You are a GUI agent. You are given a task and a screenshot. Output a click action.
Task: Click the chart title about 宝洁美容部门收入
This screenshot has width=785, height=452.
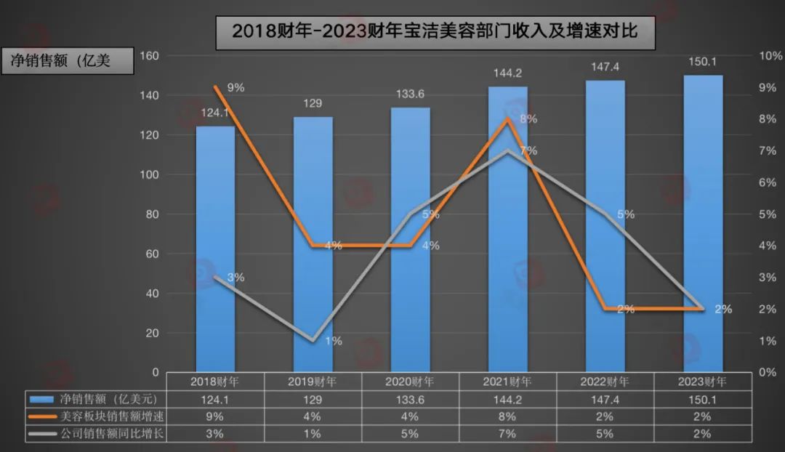(435, 32)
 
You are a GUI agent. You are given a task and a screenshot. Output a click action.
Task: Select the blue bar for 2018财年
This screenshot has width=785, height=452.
(216, 247)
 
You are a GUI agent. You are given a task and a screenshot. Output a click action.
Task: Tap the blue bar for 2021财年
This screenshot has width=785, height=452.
(507, 233)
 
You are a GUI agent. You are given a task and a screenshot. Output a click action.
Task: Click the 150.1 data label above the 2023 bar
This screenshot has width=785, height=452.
(701, 62)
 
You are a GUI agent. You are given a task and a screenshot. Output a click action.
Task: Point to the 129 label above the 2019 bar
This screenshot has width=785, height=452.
(313, 103)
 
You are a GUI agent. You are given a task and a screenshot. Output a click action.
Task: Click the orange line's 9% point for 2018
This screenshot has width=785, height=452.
(216, 87)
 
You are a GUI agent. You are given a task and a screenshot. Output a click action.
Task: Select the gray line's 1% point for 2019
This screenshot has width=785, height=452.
(313, 340)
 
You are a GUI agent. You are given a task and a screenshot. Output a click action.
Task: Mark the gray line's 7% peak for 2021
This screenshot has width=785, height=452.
(508, 150)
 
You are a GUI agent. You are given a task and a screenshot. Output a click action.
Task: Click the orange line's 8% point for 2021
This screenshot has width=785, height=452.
(508, 119)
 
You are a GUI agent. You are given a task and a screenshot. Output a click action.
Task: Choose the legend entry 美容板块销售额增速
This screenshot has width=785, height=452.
(98, 416)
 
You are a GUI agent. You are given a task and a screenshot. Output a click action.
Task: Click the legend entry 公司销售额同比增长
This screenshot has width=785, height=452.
(98, 433)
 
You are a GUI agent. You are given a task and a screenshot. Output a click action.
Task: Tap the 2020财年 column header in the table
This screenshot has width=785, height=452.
(411, 381)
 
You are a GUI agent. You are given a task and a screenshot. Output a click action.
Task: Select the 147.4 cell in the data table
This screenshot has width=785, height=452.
(605, 399)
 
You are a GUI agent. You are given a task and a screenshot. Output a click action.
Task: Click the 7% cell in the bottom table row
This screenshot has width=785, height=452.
(508, 434)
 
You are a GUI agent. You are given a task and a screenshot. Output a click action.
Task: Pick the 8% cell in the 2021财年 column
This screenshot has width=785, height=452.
(508, 416)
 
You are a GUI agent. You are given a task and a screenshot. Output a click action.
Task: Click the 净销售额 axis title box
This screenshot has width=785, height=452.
(70, 61)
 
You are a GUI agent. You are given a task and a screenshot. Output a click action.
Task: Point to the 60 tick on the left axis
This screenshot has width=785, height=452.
(151, 254)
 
